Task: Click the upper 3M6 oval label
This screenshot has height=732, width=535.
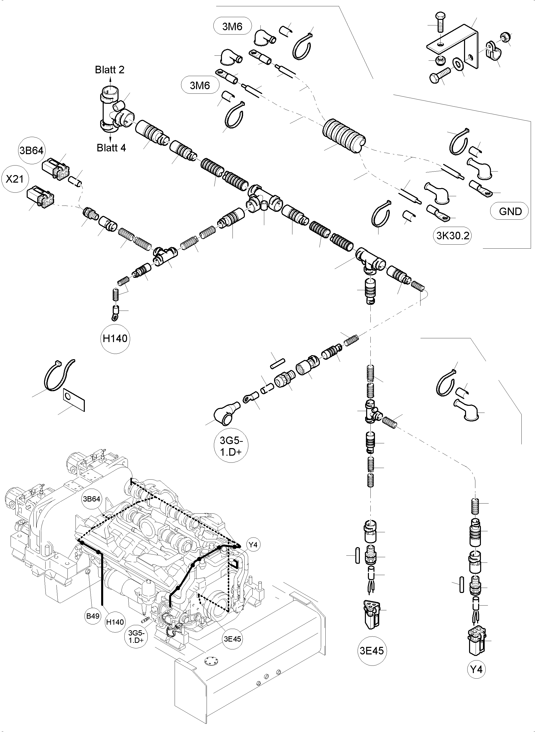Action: (232, 27)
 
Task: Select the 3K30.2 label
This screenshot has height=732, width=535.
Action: (452, 236)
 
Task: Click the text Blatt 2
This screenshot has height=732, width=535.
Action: (109, 70)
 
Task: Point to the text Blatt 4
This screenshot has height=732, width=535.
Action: (111, 148)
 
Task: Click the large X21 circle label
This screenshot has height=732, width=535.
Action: (15, 179)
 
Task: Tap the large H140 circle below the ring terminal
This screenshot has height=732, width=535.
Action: (115, 339)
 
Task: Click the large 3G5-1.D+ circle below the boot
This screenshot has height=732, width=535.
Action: (231, 447)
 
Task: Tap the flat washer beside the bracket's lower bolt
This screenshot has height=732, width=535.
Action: (458, 64)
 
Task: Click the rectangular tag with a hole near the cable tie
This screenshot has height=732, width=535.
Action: (73, 400)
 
